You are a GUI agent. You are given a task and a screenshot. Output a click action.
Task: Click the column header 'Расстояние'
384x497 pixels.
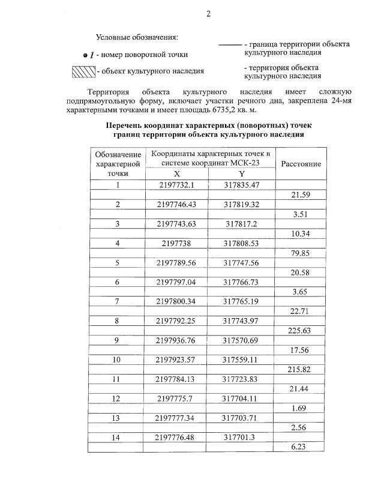301,164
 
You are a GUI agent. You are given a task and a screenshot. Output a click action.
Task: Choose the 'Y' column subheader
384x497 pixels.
241,173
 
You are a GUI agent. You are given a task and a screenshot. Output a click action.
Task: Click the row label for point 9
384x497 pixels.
118,340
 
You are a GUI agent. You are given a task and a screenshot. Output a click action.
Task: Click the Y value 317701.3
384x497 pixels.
241,438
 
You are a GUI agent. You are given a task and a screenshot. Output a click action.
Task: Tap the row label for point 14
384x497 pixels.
118,438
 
